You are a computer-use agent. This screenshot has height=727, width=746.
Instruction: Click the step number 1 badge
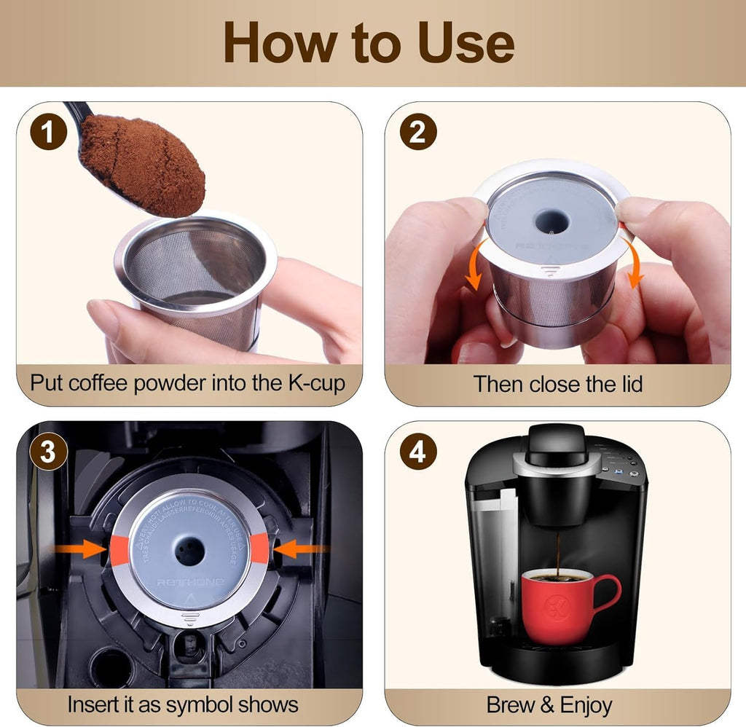[x=48, y=133]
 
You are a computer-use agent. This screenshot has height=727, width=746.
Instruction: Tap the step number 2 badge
[x=418, y=133]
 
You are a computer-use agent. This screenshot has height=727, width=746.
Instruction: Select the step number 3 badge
[x=48, y=452]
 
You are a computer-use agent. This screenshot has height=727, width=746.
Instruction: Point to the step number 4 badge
[x=418, y=452]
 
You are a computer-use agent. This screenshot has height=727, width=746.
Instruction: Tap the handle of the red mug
[x=606, y=594]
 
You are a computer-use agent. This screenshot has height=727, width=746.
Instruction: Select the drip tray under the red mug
[x=557, y=654]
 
